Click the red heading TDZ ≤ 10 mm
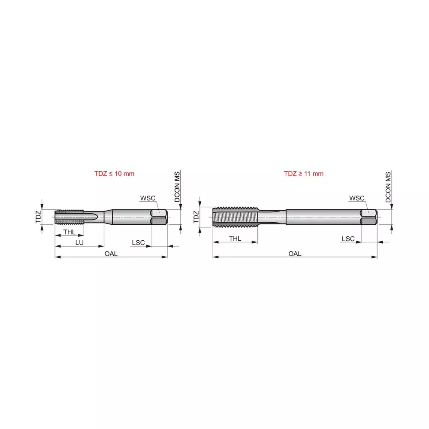[x=115, y=174]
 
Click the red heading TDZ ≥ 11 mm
[x=303, y=174]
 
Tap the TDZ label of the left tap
[x=38, y=216]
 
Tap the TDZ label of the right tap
[x=196, y=216]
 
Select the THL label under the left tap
[x=69, y=232]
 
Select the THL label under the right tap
[x=235, y=238]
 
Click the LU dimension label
[x=79, y=243]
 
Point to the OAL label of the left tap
[x=111, y=254]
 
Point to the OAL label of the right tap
[x=295, y=254]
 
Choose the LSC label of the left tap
[x=138, y=243]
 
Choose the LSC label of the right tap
[x=348, y=239]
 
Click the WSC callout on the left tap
[x=147, y=198]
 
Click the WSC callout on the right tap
[x=356, y=198]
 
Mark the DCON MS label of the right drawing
[x=388, y=187]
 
